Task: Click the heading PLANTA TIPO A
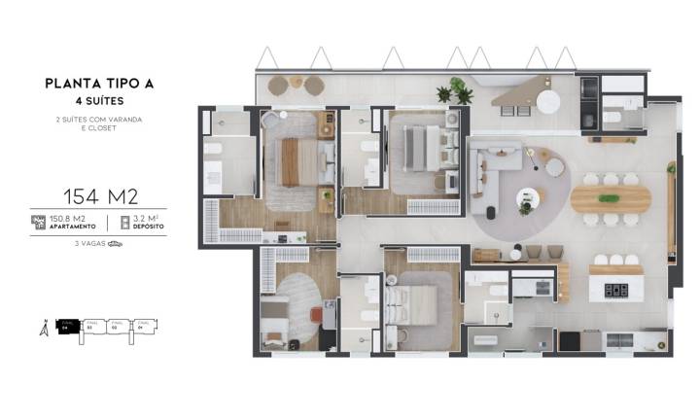click(99, 84)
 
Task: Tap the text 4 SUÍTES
click(99, 100)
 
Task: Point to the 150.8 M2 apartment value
click(68, 219)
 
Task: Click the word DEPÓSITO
click(148, 227)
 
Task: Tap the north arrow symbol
click(43, 329)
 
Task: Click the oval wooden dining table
click(610, 197)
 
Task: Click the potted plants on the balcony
click(454, 93)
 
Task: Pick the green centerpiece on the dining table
click(610, 198)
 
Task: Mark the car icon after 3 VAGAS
click(116, 244)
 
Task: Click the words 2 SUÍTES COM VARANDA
click(100, 120)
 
